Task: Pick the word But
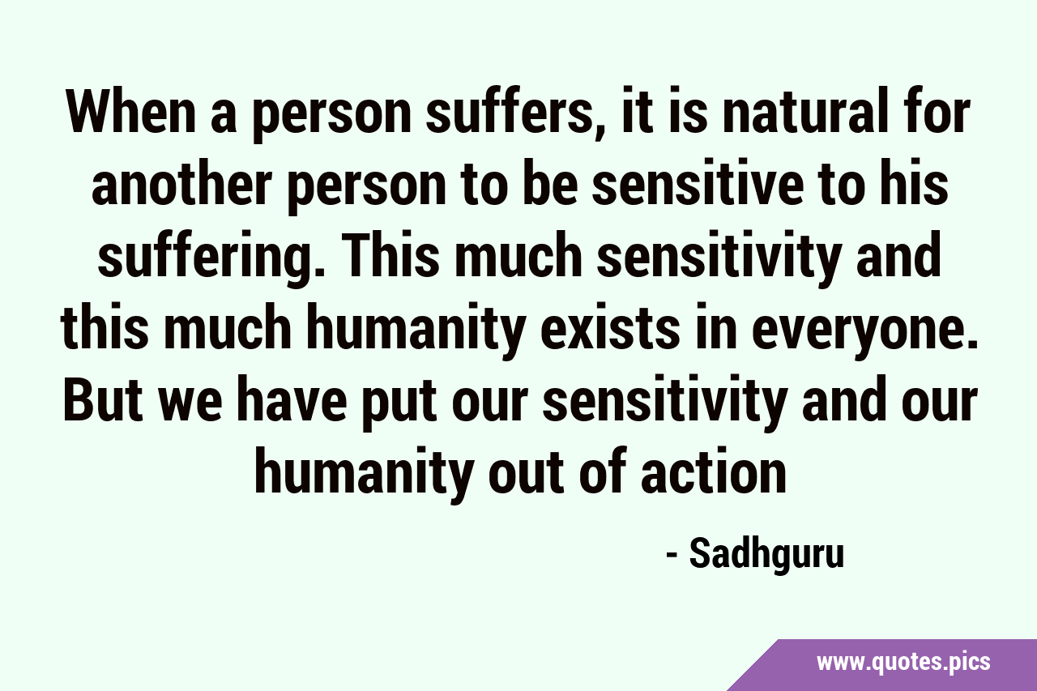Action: pyautogui.click(x=102, y=398)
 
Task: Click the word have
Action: pyautogui.click(x=291, y=398)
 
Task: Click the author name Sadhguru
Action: pyautogui.click(x=766, y=557)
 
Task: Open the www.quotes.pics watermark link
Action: pyautogui.click(x=903, y=662)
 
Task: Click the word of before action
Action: pyautogui.click(x=603, y=469)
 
